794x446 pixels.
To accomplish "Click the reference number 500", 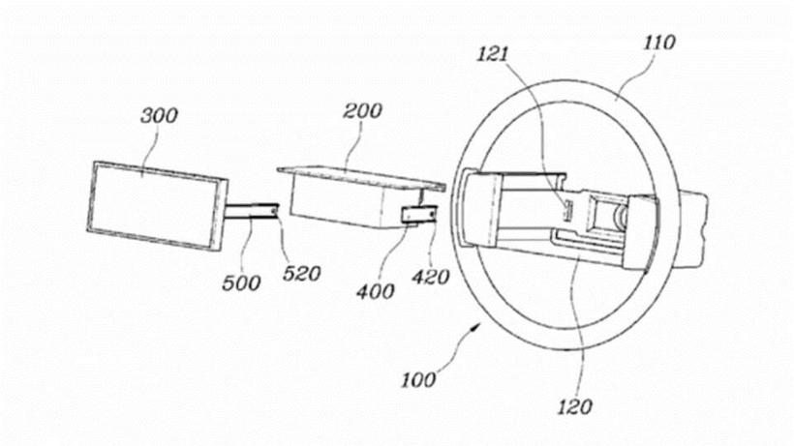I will (x=242, y=282).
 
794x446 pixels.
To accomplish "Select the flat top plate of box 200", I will (x=358, y=174).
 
